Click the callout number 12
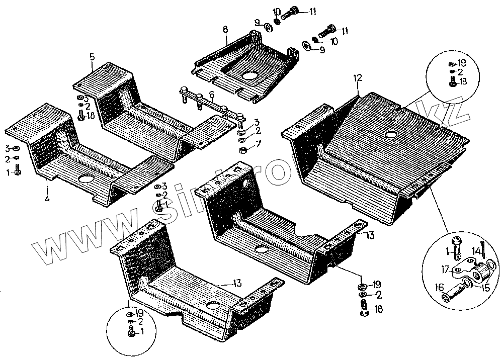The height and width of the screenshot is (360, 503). click(358, 77)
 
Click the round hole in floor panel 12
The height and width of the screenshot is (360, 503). click(391, 135)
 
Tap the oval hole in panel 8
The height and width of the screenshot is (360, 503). click(250, 76)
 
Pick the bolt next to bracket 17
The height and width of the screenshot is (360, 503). click(455, 247)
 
